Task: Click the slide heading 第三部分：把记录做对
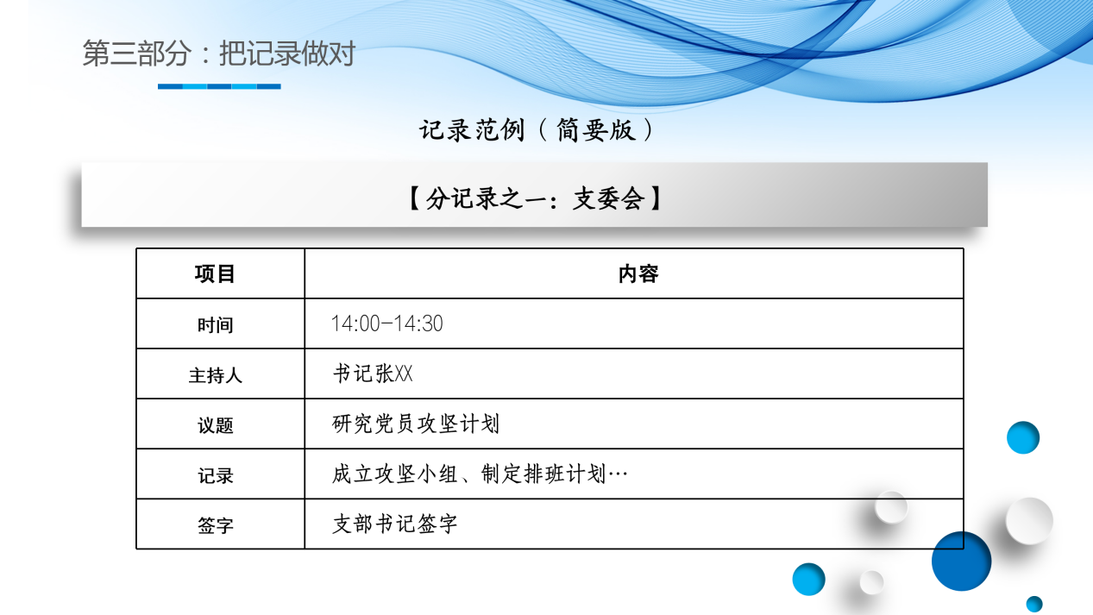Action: click(x=218, y=54)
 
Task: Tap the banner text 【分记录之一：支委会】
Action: click(x=535, y=199)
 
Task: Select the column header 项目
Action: click(x=215, y=274)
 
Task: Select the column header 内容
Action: click(x=638, y=274)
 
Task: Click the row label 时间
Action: click(x=215, y=325)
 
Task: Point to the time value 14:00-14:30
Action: click(x=386, y=324)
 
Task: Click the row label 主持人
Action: click(x=215, y=375)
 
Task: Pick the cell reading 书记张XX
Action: click(x=373, y=374)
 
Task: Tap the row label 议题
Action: click(x=215, y=425)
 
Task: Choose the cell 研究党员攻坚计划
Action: click(x=415, y=424)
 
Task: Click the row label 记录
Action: click(x=215, y=475)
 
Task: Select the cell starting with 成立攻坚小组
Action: click(x=480, y=474)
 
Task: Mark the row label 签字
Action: click(x=215, y=525)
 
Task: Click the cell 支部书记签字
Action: click(x=394, y=524)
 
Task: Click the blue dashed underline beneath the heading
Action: click(x=219, y=86)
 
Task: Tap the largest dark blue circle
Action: click(x=961, y=561)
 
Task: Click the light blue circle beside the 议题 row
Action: click(x=1022, y=437)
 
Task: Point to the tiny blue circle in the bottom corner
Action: click(x=1033, y=604)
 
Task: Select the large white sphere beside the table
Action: click(x=1029, y=521)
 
